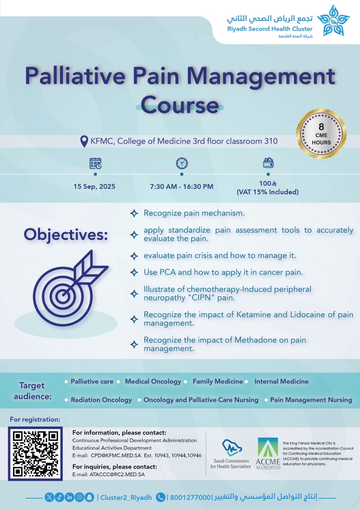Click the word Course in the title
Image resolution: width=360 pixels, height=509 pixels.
pyautogui.click(x=180, y=105)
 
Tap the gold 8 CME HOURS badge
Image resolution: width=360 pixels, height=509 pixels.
pyautogui.click(x=321, y=134)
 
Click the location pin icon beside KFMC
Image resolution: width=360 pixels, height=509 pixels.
pyautogui.click(x=84, y=141)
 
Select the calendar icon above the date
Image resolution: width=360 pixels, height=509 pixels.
pyautogui.click(x=95, y=163)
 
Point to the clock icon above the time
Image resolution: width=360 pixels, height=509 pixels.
pyautogui.click(x=182, y=163)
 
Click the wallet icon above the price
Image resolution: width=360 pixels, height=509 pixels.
pyautogui.click(x=268, y=163)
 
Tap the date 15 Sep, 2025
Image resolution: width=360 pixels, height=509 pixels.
pyautogui.click(x=94, y=186)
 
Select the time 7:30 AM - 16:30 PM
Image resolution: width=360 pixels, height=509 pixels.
pyautogui.click(x=182, y=187)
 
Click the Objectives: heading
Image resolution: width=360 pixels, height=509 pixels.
pyautogui.click(x=66, y=235)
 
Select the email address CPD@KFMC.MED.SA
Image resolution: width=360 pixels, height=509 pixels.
pyautogui.click(x=116, y=456)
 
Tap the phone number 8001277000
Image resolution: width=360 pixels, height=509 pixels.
pyautogui.click(x=190, y=497)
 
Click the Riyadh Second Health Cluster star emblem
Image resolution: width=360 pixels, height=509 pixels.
pyautogui.click(x=333, y=20)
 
